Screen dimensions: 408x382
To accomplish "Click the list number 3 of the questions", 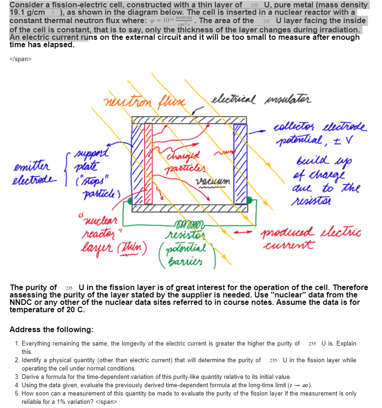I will tap(17, 377).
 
